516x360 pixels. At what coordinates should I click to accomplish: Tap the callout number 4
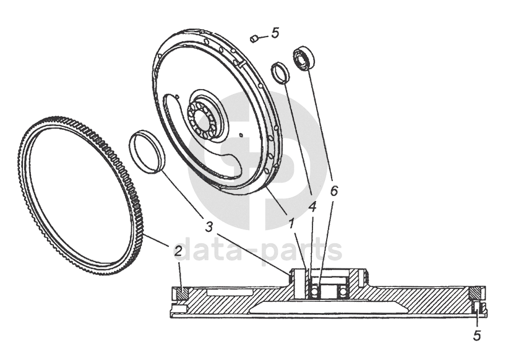pyautogui.click(x=312, y=207)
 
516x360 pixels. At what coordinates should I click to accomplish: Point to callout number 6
pyautogui.click(x=333, y=191)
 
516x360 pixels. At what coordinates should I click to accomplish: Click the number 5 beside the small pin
pyautogui.click(x=275, y=32)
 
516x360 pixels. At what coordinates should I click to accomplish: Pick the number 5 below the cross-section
pyautogui.click(x=476, y=335)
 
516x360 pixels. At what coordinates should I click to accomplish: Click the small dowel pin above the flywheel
pyautogui.click(x=254, y=40)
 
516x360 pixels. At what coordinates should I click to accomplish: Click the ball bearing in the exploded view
pyautogui.click(x=305, y=58)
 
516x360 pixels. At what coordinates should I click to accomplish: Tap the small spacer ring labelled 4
pyautogui.click(x=281, y=72)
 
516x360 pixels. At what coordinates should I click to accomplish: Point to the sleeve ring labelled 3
pyautogui.click(x=147, y=151)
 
